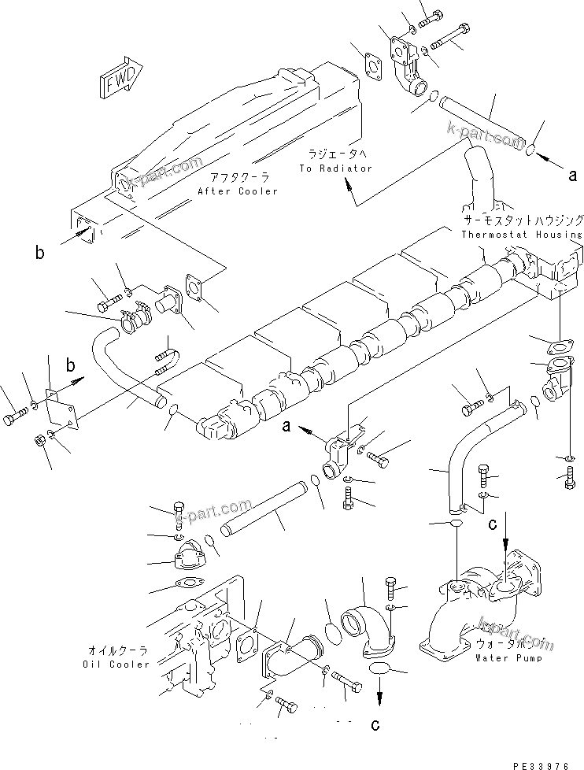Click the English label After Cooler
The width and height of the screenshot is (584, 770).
(x=238, y=191)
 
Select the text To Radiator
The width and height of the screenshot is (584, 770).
(x=335, y=168)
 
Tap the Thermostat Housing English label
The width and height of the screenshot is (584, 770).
(x=522, y=234)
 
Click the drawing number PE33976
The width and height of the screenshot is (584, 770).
(x=544, y=763)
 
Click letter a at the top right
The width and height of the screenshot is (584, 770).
(x=572, y=176)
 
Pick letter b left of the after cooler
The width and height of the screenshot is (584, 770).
(x=39, y=252)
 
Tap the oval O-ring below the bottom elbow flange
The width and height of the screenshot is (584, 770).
(x=379, y=668)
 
